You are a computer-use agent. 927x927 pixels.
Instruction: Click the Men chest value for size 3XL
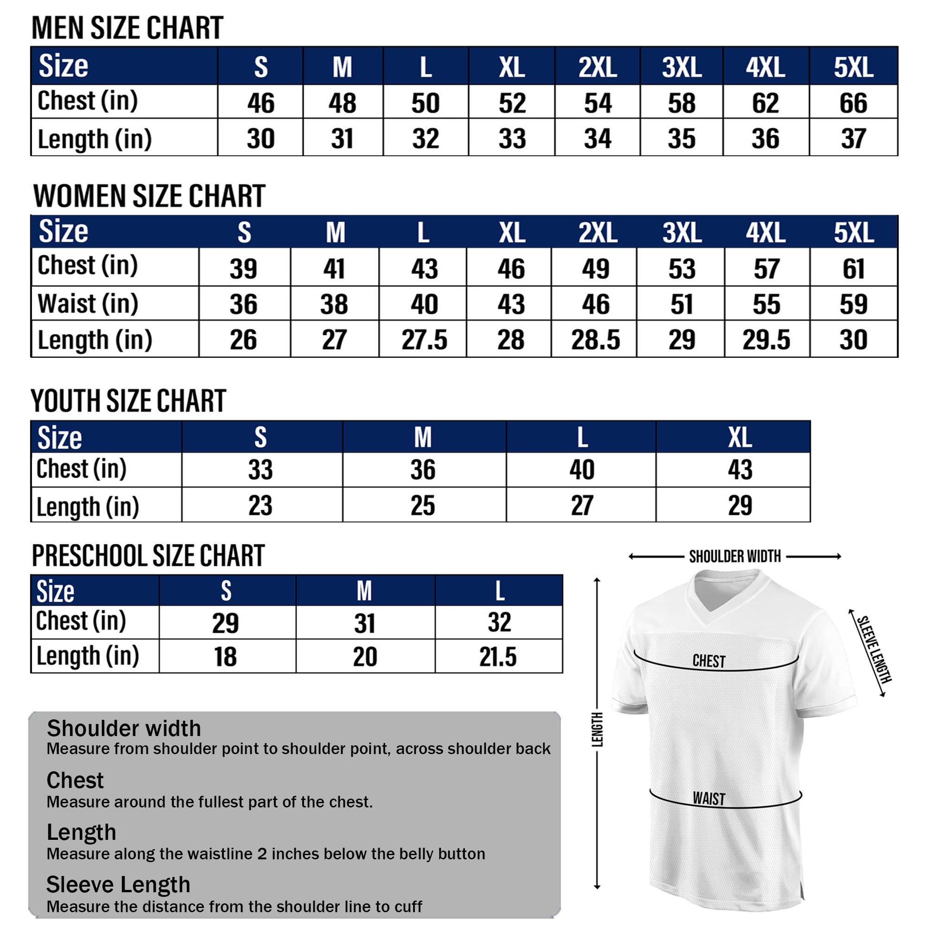click(681, 103)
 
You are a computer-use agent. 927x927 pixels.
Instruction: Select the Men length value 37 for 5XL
click(853, 139)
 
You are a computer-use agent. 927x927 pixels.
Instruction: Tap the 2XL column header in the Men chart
click(597, 67)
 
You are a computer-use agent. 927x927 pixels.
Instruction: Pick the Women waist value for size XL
click(511, 304)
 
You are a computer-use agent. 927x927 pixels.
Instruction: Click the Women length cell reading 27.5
click(424, 340)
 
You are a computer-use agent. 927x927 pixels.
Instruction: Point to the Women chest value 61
click(853, 269)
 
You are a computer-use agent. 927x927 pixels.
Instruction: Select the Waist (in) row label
click(88, 304)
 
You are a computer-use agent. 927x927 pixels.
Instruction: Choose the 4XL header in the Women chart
click(766, 233)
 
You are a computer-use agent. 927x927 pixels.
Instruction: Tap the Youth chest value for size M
click(423, 470)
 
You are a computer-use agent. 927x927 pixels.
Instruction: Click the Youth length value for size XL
click(739, 506)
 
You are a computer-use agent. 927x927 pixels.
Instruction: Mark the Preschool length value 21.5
click(498, 657)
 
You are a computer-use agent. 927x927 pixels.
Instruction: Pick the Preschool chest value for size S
click(225, 623)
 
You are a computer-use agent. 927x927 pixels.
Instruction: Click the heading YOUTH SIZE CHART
click(129, 401)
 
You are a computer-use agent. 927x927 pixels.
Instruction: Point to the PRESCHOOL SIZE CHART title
click(148, 555)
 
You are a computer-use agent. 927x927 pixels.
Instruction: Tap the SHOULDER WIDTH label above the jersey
click(735, 556)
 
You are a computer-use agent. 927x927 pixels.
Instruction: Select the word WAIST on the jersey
click(709, 799)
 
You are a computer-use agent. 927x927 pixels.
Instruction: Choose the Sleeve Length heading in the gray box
click(119, 885)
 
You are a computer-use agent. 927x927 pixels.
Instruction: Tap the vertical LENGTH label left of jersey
click(597, 729)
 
